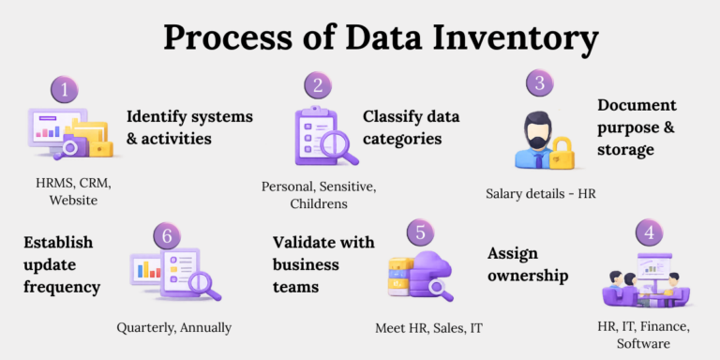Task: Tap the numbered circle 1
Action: [x=64, y=91]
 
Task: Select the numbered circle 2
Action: [x=319, y=86]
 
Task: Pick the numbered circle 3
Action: [x=539, y=82]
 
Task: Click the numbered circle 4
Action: [x=647, y=232]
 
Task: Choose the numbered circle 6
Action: [x=167, y=235]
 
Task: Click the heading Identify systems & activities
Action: [x=177, y=127]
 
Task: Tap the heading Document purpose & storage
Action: [x=637, y=127]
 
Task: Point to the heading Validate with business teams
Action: [x=323, y=264]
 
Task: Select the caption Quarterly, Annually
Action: [x=174, y=327]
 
